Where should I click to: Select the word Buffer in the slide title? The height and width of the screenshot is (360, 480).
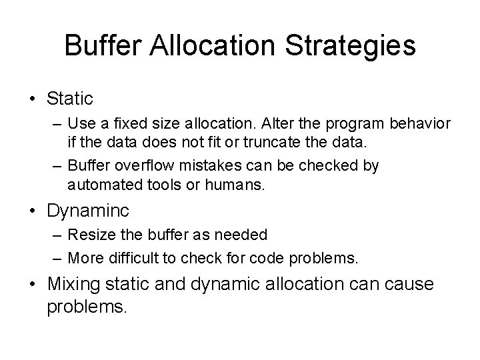coord(99,46)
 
